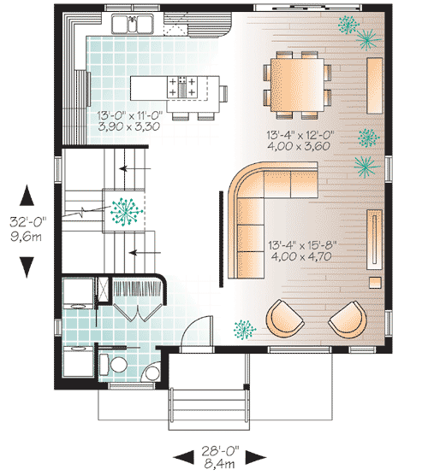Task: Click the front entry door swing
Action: pos(195,333)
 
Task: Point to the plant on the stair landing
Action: pos(126,209)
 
